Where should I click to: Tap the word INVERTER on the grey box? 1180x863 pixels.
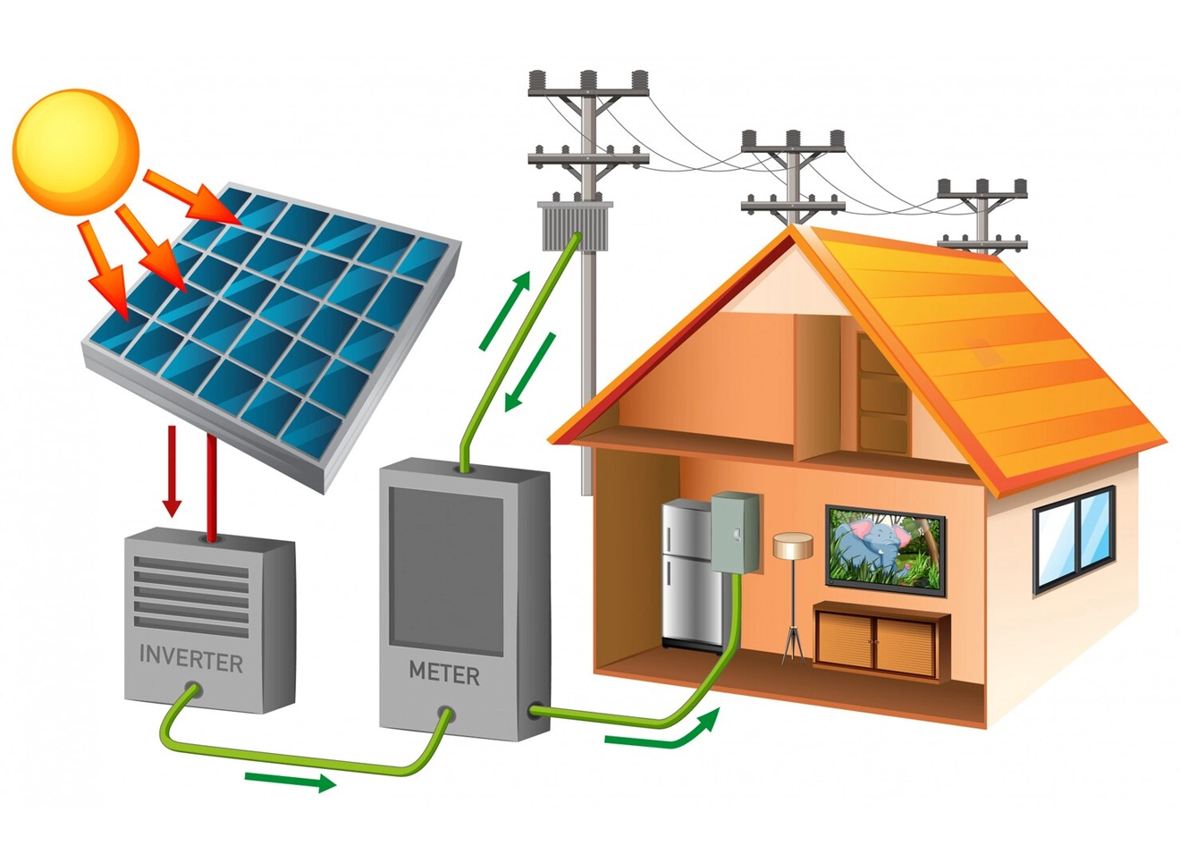(x=191, y=660)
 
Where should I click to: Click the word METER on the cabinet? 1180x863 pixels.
(x=443, y=673)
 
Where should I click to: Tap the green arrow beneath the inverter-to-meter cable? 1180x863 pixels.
(x=290, y=781)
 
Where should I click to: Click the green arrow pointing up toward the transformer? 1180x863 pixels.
(x=505, y=310)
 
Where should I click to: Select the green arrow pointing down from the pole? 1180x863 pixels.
(x=530, y=372)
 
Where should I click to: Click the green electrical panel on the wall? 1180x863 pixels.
(x=735, y=532)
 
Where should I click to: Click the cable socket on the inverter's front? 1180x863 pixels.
(x=191, y=690)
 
